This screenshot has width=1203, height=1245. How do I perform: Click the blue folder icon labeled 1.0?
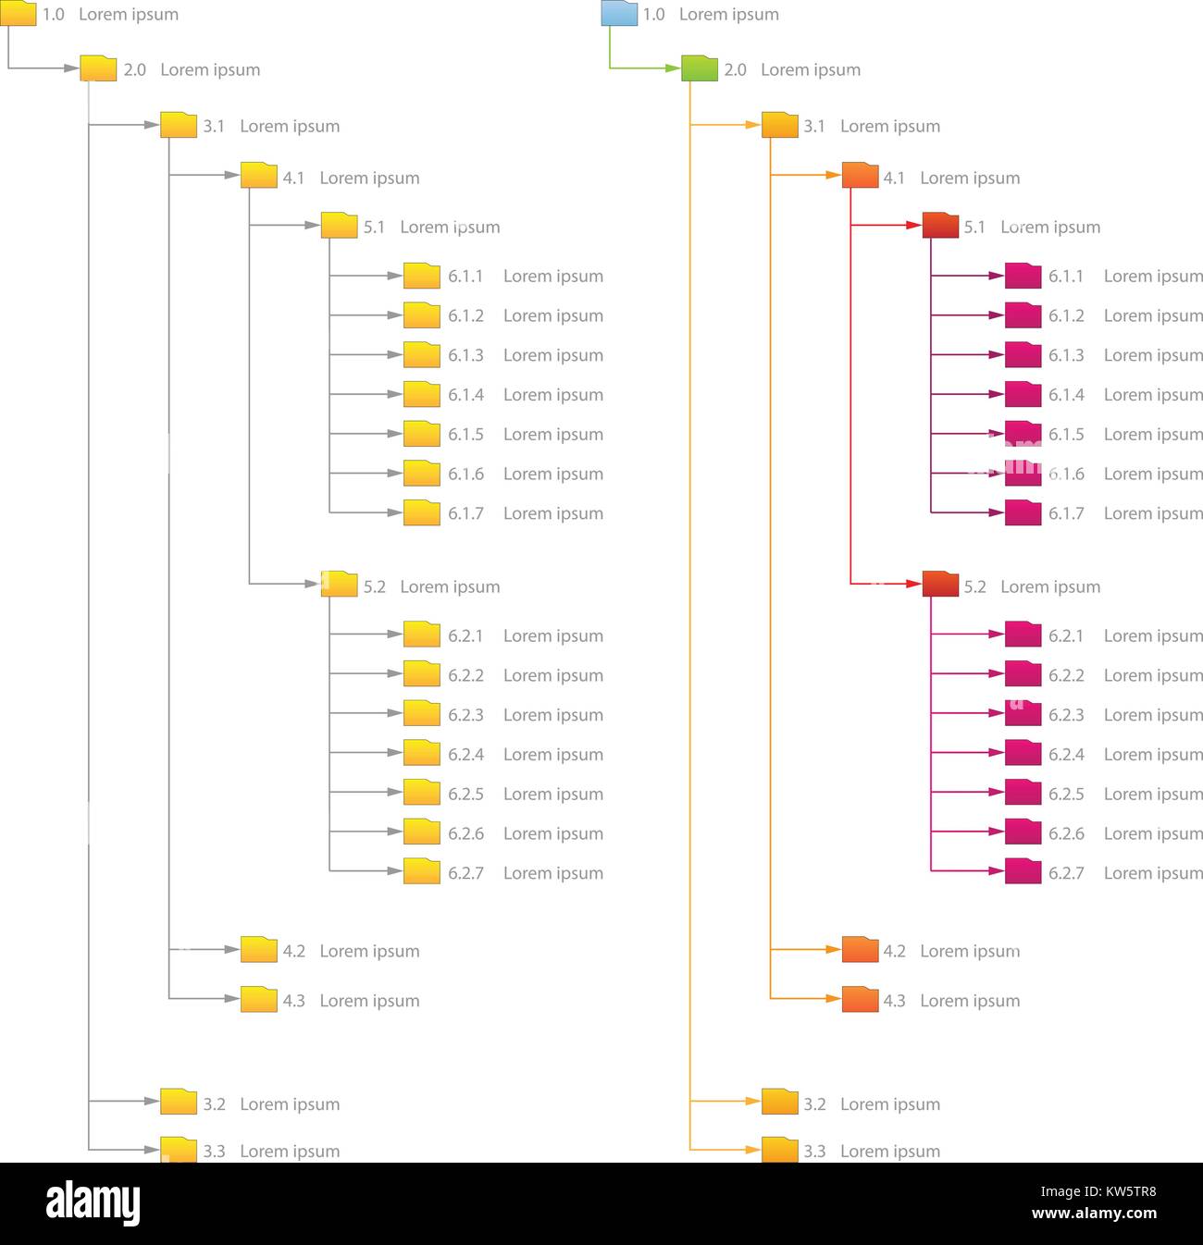619,14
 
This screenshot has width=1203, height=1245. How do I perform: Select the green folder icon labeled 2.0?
700,69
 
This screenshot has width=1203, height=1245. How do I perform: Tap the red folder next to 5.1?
940,226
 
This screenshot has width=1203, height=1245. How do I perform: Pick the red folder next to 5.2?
940,585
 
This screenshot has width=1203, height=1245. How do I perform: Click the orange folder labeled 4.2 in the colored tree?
860,950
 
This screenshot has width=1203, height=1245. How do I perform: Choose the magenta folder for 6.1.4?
1023,395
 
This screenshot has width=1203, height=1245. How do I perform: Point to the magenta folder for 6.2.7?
1023,872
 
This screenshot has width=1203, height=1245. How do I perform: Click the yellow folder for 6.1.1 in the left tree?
422,277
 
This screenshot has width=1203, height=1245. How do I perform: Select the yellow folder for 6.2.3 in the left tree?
422,714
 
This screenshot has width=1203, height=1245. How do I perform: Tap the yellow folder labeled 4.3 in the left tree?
259,1000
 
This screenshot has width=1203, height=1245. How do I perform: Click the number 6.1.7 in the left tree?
465,513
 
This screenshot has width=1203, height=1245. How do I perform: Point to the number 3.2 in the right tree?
814,1104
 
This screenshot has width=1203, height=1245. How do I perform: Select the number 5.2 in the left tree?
374,586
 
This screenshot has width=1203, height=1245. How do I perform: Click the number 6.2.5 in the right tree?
1066,795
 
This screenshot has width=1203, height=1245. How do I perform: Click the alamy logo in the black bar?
93,1203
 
